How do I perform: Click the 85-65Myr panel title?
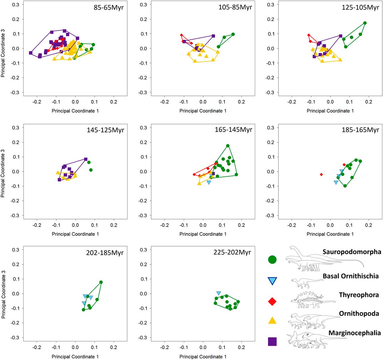point(109,7)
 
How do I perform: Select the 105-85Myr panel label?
point(233,7)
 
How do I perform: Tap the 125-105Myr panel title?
point(360,7)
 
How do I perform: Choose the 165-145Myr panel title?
point(233,130)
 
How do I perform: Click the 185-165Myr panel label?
point(360,130)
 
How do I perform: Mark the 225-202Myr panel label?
point(232,252)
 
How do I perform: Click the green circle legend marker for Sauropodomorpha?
point(272,259)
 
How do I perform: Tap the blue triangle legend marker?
point(272,281)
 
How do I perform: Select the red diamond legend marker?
point(272,301)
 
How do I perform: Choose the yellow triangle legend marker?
point(272,320)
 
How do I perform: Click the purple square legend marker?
point(272,341)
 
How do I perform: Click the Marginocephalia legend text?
point(354,333)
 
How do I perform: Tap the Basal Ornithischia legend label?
point(350,276)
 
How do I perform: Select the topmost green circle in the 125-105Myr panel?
point(365,23)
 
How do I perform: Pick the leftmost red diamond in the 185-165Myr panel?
point(321,175)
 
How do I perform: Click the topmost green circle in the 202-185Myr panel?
point(101,282)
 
